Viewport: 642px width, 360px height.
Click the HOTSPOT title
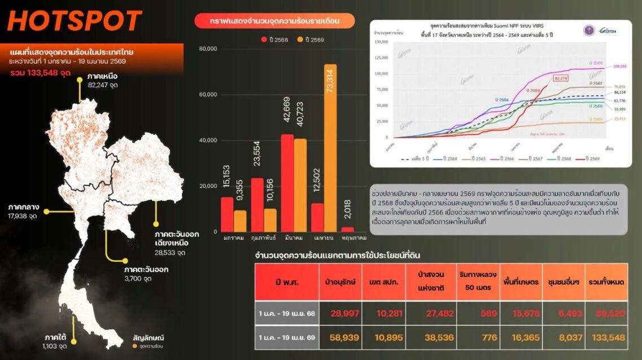click(x=75, y=21)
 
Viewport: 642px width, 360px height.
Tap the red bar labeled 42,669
click(x=287, y=183)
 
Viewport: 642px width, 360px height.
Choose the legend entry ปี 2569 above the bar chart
click(x=311, y=39)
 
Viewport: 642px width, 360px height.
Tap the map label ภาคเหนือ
click(x=102, y=76)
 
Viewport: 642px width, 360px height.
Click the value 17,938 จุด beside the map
click(x=23, y=216)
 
